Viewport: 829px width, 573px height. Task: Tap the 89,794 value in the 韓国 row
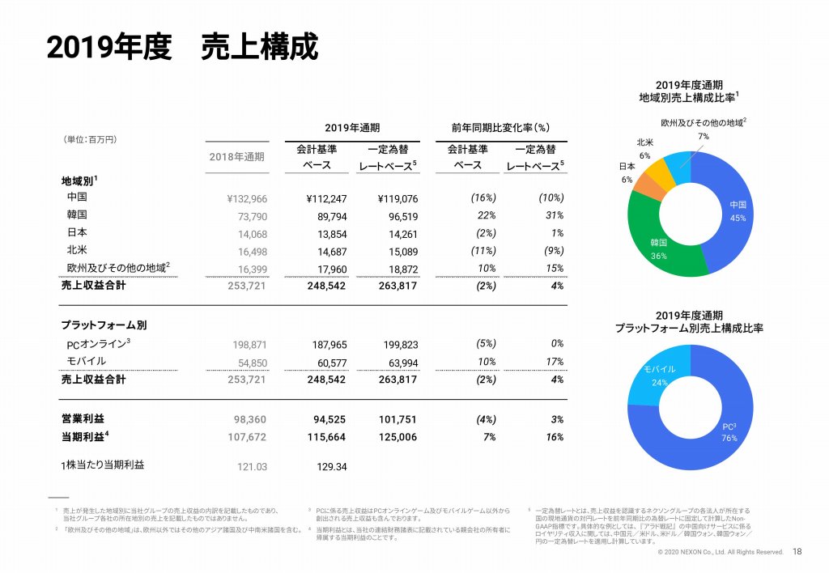329,216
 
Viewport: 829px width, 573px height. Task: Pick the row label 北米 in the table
77,250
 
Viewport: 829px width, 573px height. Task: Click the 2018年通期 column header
236,156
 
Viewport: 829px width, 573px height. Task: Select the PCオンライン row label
99,344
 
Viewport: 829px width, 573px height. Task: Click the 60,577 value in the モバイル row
329,361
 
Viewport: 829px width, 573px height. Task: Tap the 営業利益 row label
83,419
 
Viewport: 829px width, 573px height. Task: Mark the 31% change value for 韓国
554,216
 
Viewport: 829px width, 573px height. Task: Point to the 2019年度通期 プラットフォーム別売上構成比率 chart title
689,322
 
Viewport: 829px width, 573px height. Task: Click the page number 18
797,552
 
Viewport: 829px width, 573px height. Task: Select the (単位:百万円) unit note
90,139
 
